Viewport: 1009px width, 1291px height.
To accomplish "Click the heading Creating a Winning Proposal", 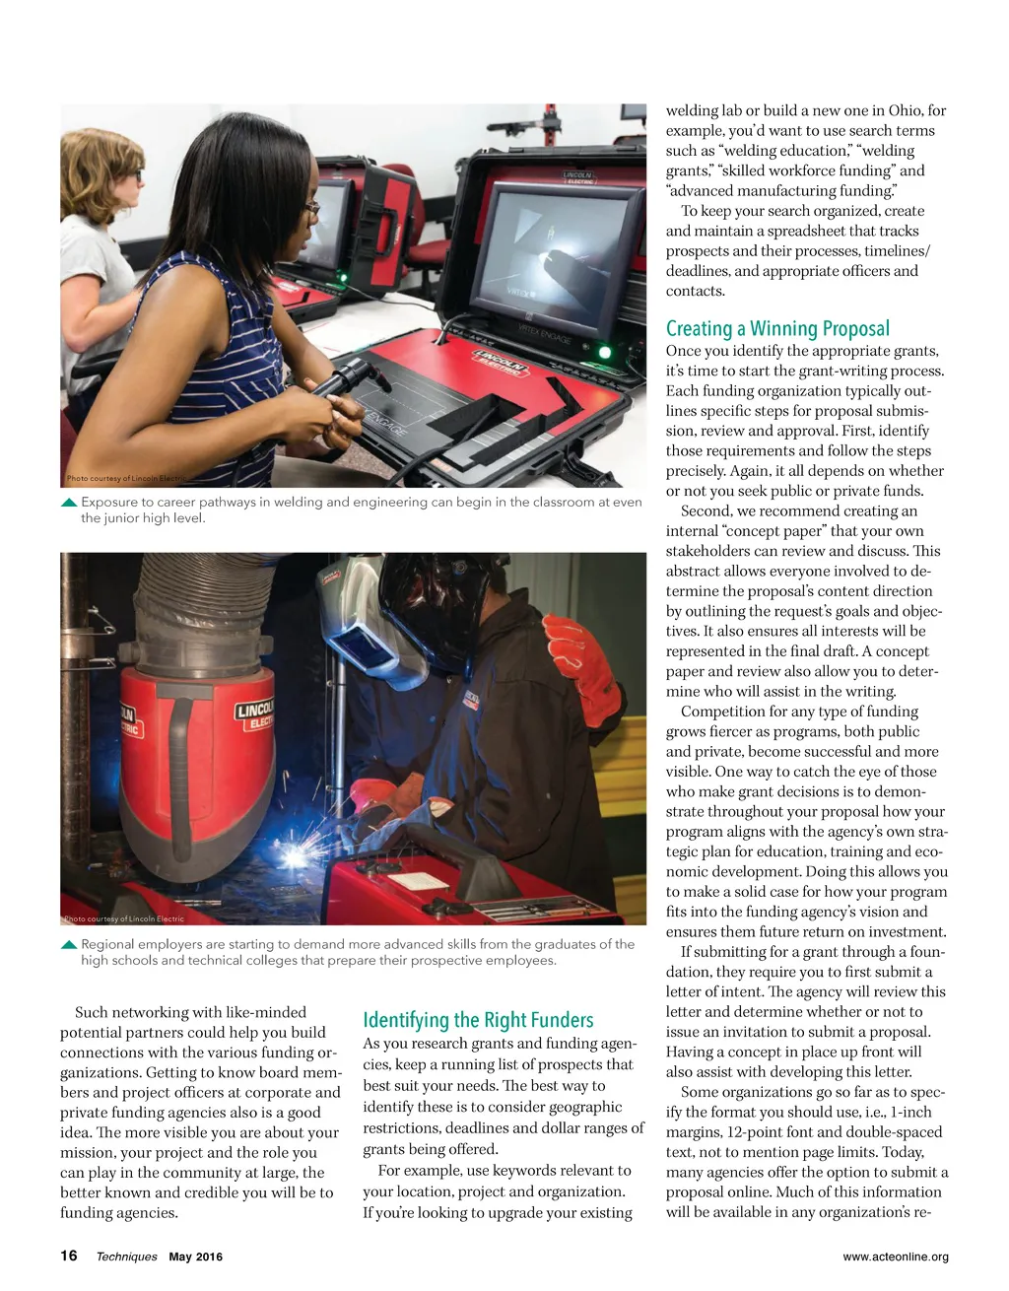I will click(777, 329).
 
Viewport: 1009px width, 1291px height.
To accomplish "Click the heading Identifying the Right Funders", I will click(478, 1020).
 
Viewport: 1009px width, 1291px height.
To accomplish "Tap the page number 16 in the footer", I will click(69, 1256).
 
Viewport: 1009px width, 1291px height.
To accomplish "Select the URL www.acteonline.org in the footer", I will click(896, 1257).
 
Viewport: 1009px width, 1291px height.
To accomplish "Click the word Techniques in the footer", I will click(126, 1257).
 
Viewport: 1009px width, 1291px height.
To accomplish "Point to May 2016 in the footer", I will click(196, 1257).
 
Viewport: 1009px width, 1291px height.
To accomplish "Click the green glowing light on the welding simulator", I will click(605, 352).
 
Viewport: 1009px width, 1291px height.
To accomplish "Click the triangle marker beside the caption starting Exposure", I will click(69, 503).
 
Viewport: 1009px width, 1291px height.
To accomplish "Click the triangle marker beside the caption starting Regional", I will click(69, 944).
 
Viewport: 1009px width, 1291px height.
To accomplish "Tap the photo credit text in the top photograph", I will click(124, 479).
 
